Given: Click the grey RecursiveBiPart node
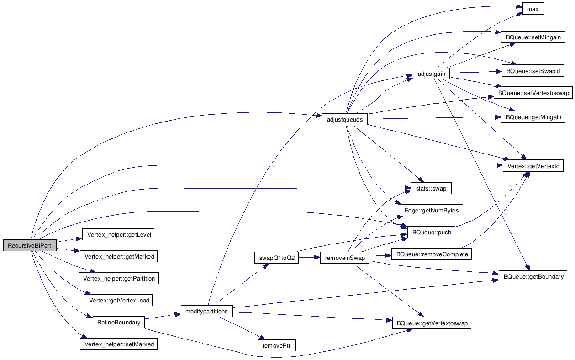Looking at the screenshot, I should (30, 245).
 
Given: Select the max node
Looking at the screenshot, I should (533, 9).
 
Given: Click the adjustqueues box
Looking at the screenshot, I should (345, 120).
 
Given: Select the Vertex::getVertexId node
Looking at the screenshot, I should (533, 166).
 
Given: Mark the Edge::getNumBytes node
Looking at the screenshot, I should (432, 210).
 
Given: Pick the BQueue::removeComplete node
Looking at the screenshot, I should (432, 254).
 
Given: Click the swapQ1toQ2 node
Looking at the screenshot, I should (277, 258).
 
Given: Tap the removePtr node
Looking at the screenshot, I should (277, 345).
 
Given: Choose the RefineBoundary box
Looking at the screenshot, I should (118, 322).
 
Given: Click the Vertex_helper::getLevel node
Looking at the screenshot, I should (118, 234).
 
